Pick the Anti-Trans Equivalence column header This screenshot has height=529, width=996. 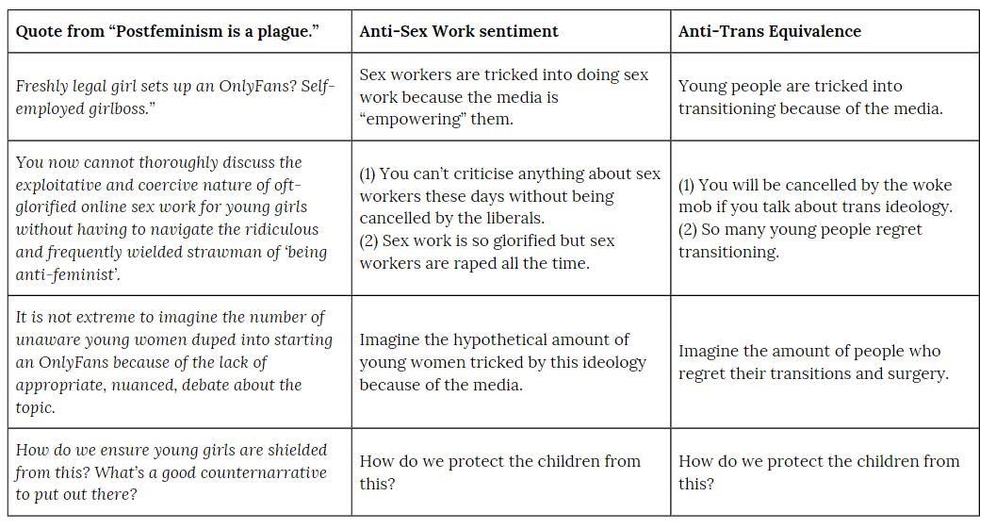[x=769, y=31]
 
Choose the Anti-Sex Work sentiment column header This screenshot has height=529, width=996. [x=458, y=31]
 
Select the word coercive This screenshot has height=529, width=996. [x=155, y=185]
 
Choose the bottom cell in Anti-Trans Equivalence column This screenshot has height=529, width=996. [x=825, y=471]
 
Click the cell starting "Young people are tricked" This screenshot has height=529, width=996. [x=825, y=97]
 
